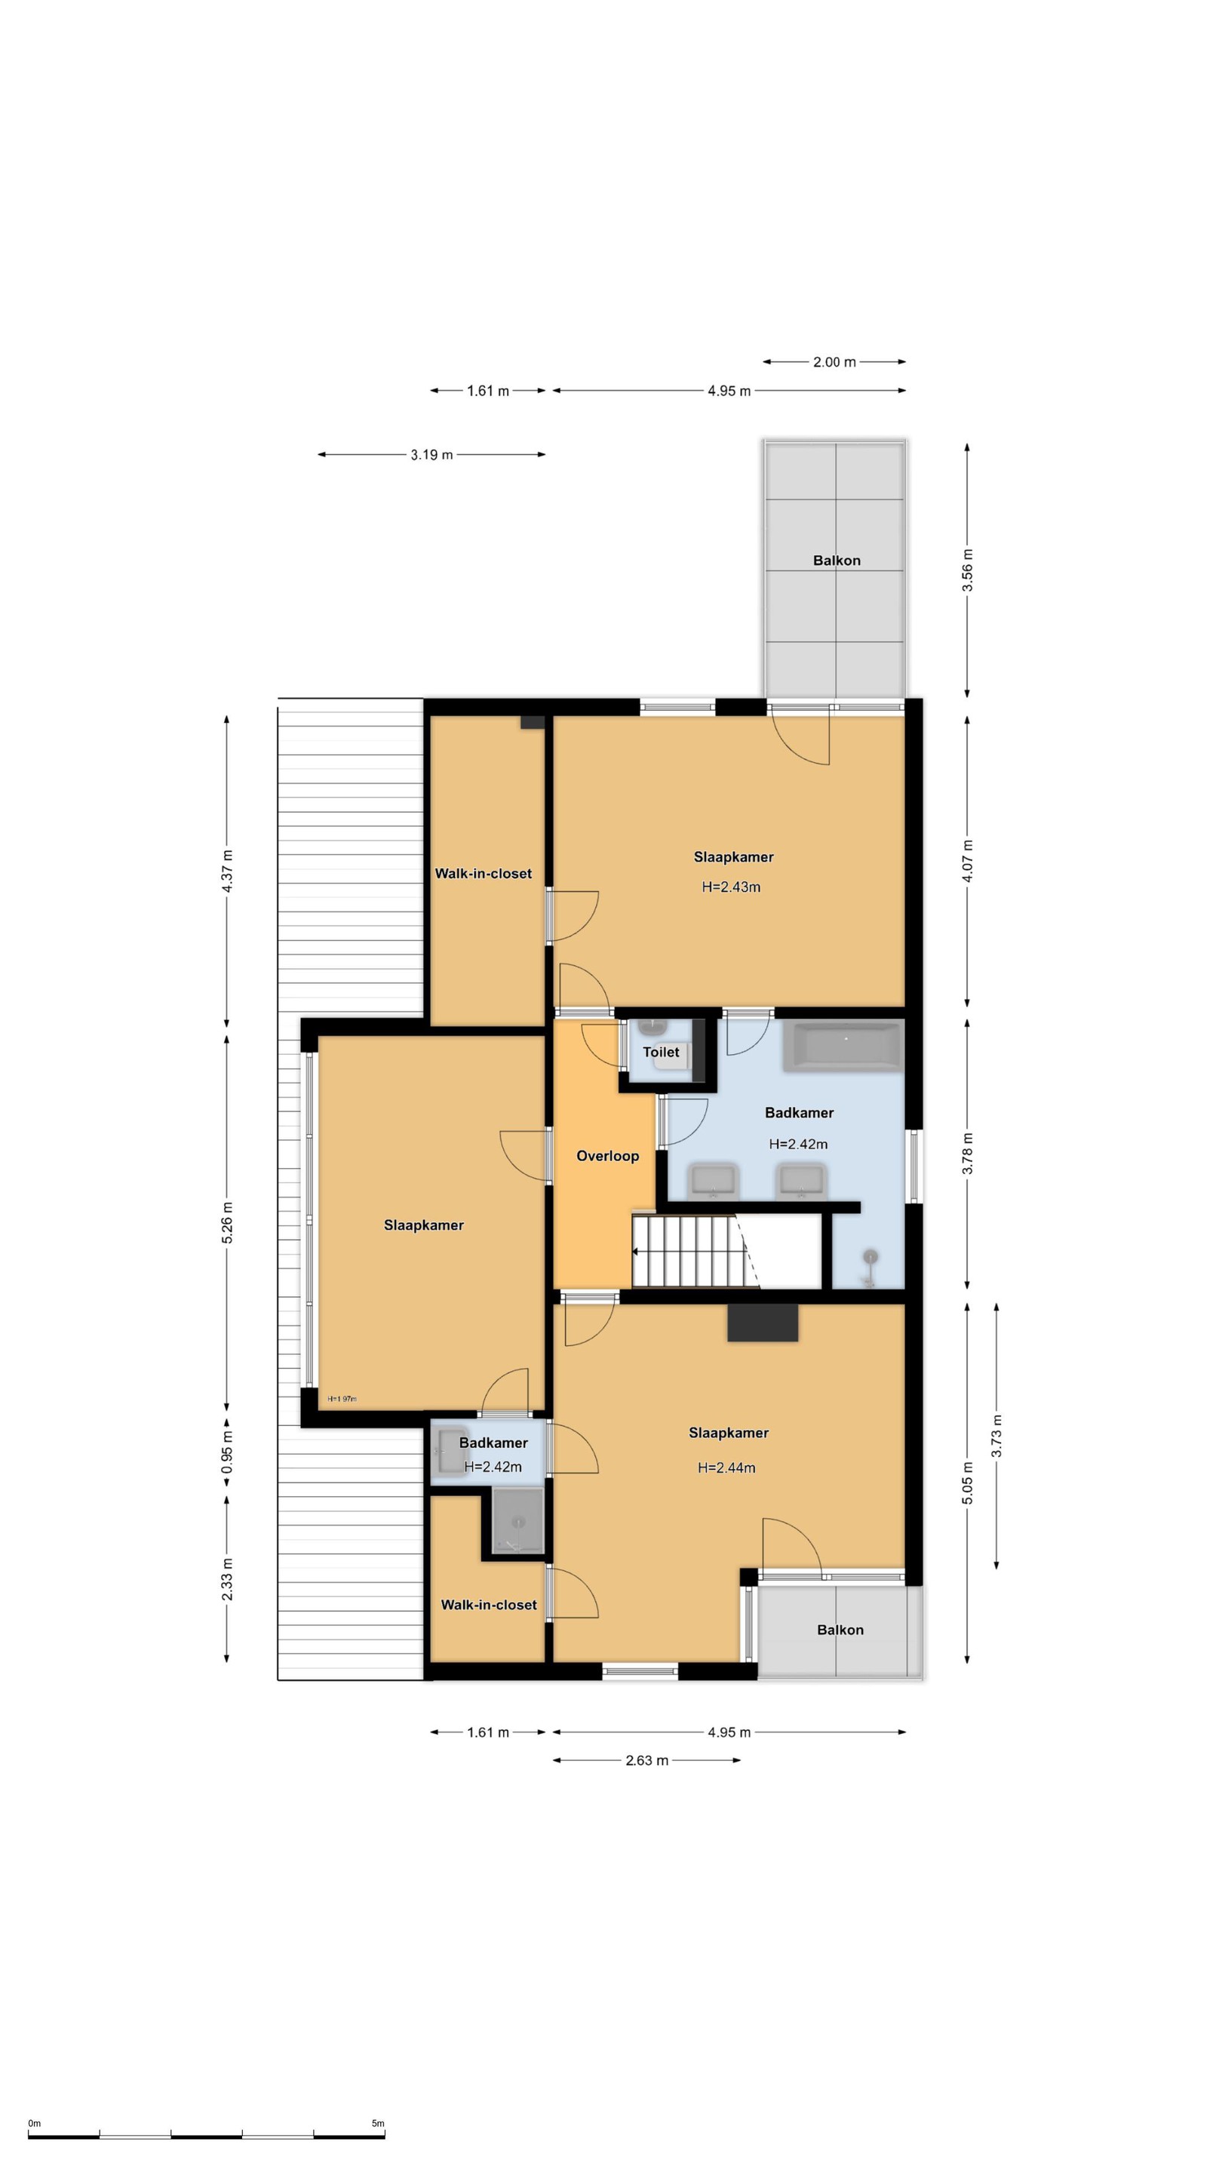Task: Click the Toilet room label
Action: tap(660, 1052)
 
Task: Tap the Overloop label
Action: tap(607, 1156)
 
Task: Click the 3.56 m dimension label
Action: tap(967, 570)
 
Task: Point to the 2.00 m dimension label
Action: tap(834, 362)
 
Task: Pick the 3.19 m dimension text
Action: tap(431, 455)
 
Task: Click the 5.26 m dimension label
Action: tap(227, 1223)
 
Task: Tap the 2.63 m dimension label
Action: tap(647, 1760)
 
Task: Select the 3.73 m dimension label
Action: tap(996, 1436)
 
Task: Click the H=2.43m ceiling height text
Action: tap(731, 887)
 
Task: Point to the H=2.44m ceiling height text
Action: tap(726, 1468)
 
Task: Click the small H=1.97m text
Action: tap(342, 1399)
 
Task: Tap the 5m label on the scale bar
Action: tap(378, 2123)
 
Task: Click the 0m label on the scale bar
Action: tap(35, 2123)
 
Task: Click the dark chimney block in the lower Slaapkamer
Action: tap(763, 1323)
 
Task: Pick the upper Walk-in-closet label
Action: tap(484, 874)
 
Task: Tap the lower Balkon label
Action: tap(840, 1630)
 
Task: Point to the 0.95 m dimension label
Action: tap(227, 1452)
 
